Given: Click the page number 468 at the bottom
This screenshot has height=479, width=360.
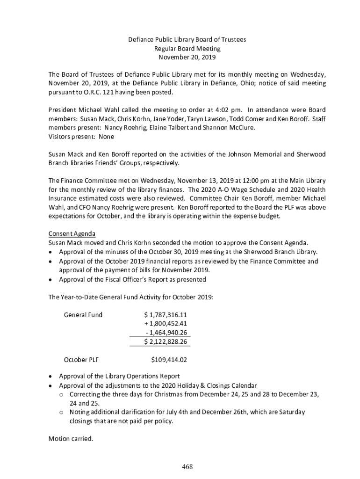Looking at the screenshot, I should [187, 467].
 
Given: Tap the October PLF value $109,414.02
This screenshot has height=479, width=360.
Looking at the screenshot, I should [169, 360].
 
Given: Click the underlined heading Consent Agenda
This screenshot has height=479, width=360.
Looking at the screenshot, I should [72, 233].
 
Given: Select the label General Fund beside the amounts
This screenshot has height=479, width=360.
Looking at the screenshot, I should [83, 314].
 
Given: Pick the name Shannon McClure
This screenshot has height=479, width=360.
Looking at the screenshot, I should [231, 128].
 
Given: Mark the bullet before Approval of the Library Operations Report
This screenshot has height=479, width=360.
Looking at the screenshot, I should [51, 377].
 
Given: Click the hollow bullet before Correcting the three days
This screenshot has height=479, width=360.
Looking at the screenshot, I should [61, 395].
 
